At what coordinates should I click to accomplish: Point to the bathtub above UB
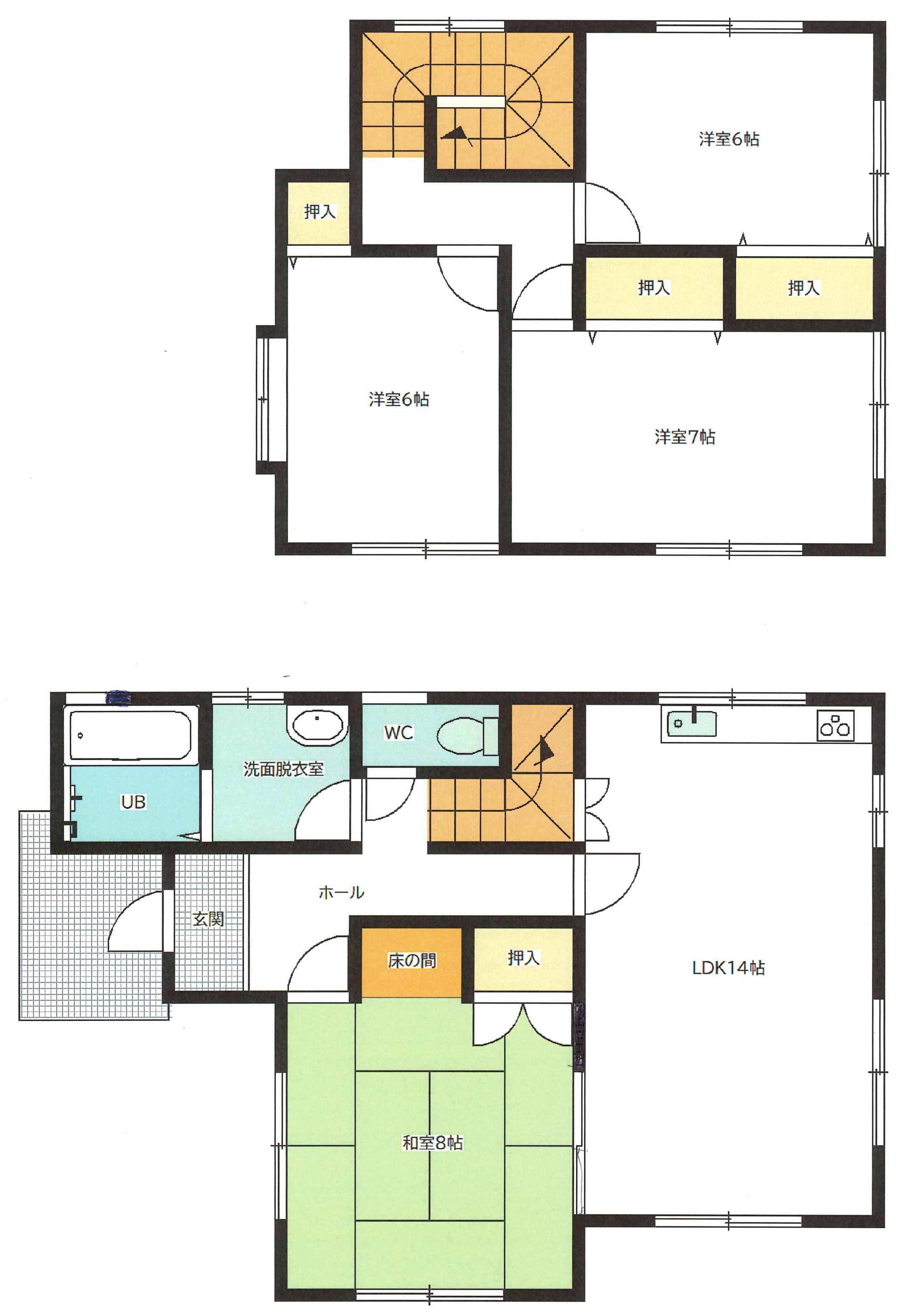pos(130,735)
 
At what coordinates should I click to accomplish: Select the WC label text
pos(398,732)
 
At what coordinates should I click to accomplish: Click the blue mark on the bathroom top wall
pos(119,696)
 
